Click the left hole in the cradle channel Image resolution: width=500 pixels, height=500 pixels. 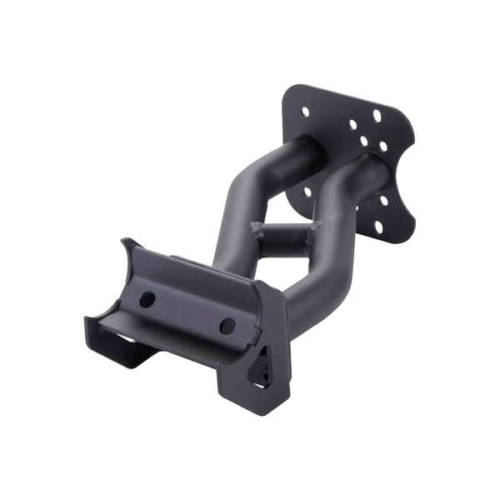pyautogui.click(x=149, y=297)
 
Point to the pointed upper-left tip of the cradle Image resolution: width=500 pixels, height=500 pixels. pyautogui.click(x=125, y=241)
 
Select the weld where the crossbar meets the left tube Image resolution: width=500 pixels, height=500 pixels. pyautogui.click(x=256, y=227)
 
